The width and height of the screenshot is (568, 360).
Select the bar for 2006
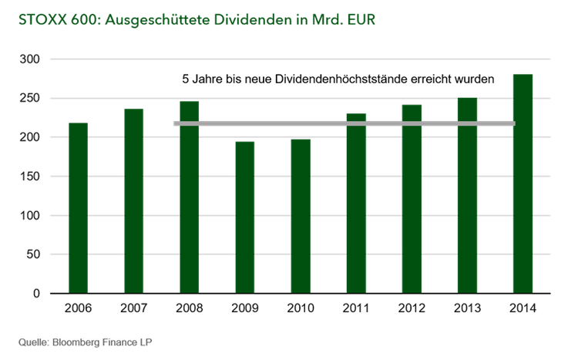click(79, 208)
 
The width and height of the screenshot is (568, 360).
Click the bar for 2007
click(134, 201)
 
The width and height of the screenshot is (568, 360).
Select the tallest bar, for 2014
click(523, 184)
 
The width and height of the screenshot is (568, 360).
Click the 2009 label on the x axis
click(245, 310)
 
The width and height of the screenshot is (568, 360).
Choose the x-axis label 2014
click(523, 310)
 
